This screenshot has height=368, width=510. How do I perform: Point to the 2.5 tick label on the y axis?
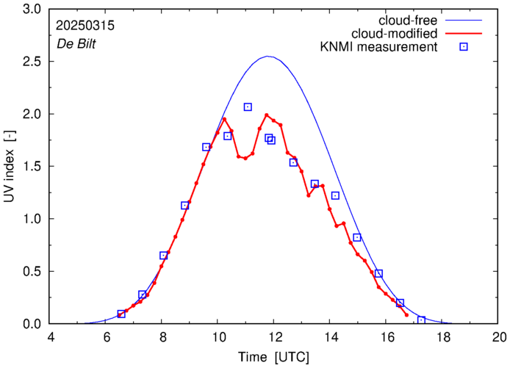(x=33, y=62)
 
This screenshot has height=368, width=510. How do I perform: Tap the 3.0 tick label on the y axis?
(x=33, y=10)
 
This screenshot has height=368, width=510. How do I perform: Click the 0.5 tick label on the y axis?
(x=33, y=272)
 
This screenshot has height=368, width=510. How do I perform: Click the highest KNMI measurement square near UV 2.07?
(x=248, y=107)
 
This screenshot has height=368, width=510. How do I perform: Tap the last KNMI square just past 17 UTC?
(x=421, y=320)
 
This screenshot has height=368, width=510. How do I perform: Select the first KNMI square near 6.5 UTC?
(x=121, y=314)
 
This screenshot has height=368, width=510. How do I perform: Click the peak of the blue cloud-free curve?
(x=267, y=57)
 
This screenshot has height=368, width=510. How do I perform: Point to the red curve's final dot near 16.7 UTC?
(x=406, y=315)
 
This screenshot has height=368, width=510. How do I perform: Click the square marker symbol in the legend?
(x=464, y=48)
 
